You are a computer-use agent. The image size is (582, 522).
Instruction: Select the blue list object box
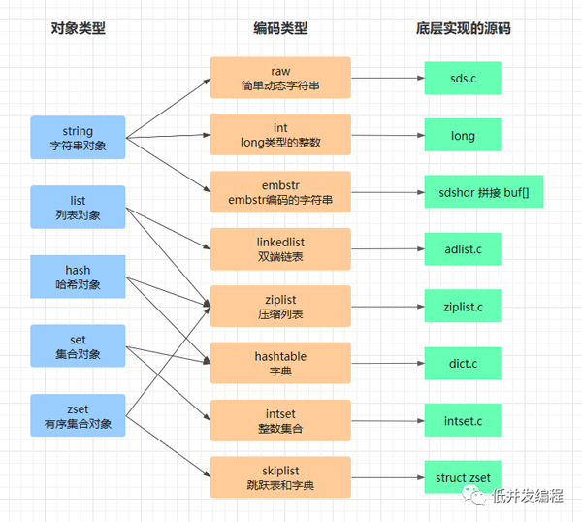click(x=78, y=208)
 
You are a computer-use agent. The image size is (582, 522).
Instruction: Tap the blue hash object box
click(x=78, y=277)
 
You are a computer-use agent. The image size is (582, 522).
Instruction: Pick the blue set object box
click(x=78, y=347)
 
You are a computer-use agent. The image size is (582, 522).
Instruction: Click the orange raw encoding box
click(x=280, y=79)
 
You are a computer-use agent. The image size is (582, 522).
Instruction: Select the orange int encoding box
click(x=280, y=135)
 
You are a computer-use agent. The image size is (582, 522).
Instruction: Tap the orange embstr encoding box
click(x=280, y=192)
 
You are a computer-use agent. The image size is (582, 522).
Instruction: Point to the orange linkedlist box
click(x=280, y=248)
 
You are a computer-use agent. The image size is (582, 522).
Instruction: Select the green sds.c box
click(x=463, y=78)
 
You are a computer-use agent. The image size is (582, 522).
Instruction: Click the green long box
click(x=463, y=135)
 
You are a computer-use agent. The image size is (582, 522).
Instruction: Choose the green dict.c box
click(x=463, y=364)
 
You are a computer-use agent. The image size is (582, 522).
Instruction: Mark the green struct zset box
click(x=463, y=477)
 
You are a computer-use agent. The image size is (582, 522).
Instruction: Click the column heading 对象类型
click(x=78, y=28)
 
